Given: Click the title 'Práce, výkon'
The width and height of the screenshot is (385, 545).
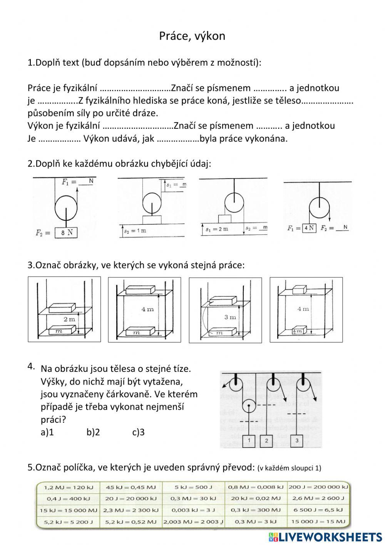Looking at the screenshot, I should pyautogui.click(x=192, y=36).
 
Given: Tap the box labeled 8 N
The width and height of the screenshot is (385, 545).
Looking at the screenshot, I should pyautogui.click(x=66, y=233).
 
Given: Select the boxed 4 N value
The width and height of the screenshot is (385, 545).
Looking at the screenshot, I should pyautogui.click(x=309, y=228).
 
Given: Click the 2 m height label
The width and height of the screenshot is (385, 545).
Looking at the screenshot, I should pyautogui.click(x=70, y=319).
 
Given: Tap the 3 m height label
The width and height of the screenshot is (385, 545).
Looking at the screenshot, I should pyautogui.click(x=230, y=317).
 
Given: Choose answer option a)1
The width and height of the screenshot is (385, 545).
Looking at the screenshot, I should pyautogui.click(x=47, y=432).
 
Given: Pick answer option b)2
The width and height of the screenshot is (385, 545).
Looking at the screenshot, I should pyautogui.click(x=93, y=432).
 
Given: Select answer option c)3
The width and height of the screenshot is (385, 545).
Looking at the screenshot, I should pyautogui.click(x=138, y=432).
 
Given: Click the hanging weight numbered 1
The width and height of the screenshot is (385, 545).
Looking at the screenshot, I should pyautogui.click(x=249, y=440).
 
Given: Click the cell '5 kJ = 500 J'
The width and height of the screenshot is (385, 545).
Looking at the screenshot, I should pyautogui.click(x=193, y=487).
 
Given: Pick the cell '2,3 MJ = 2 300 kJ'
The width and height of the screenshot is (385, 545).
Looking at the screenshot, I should pyautogui.click(x=131, y=510).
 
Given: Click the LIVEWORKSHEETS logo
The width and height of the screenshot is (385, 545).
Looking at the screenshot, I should pyautogui.click(x=325, y=537).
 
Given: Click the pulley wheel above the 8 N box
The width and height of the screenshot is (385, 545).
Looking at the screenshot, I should pyautogui.click(x=66, y=208).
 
